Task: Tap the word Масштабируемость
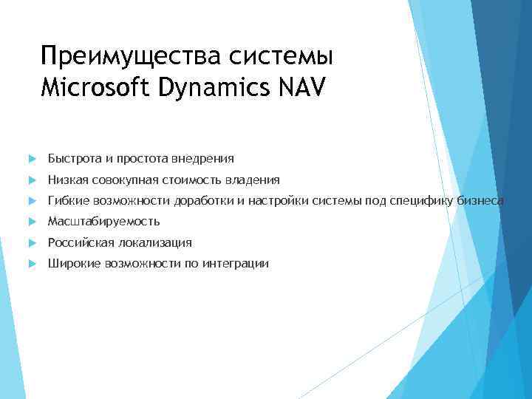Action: (103, 222)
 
